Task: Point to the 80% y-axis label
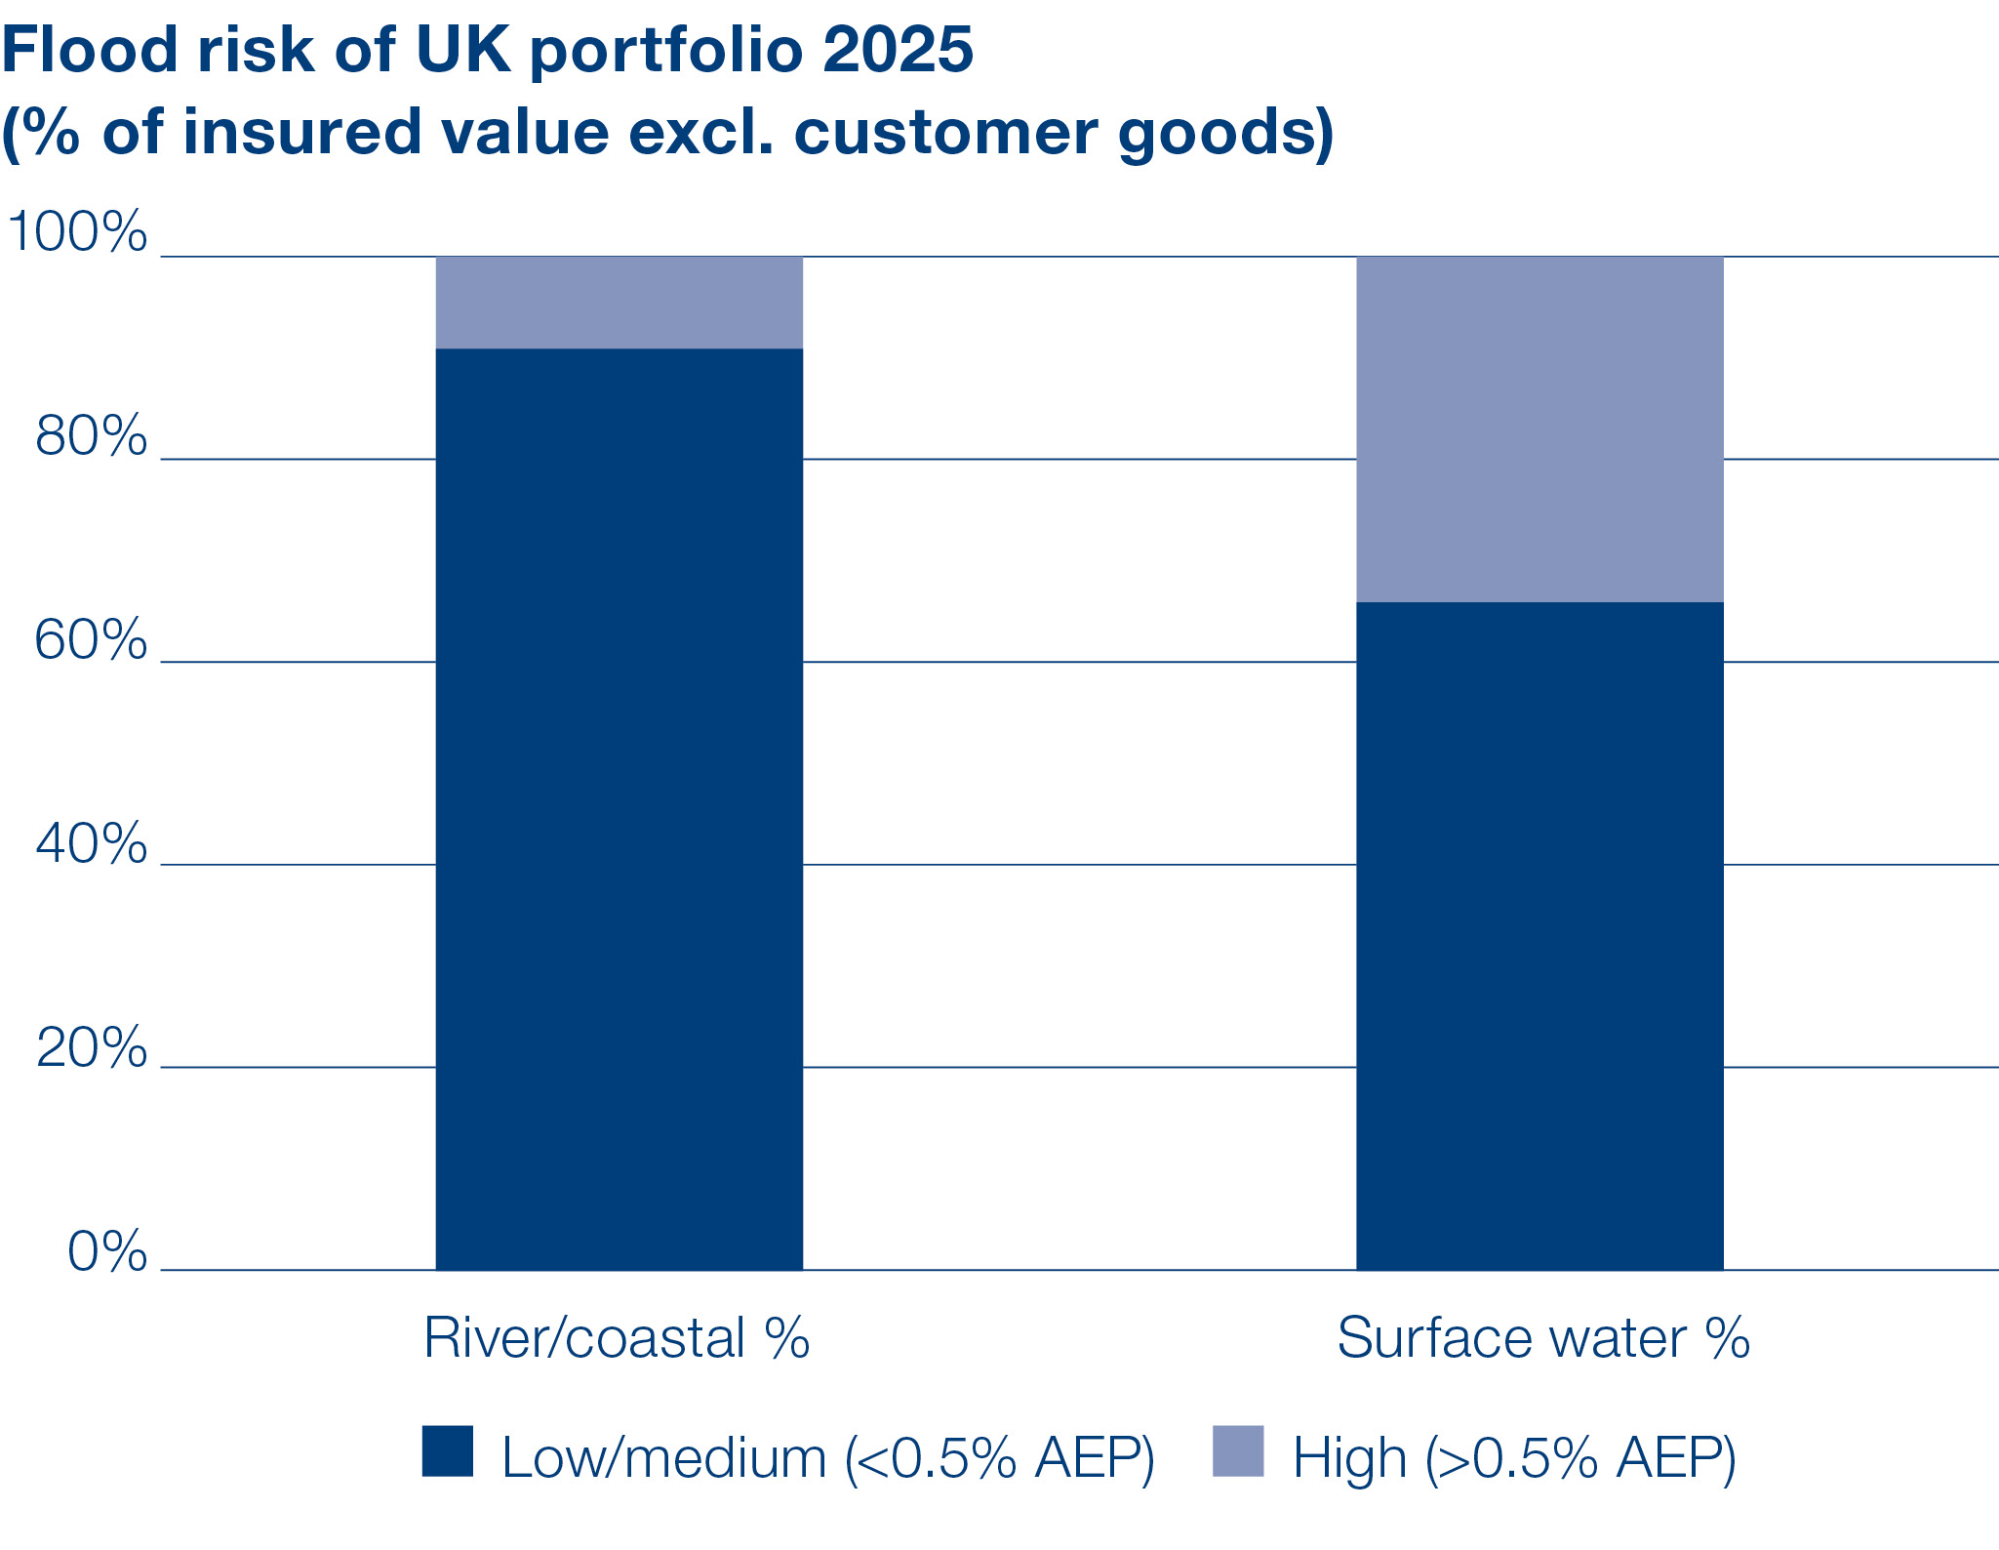(91, 435)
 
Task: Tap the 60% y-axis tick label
(91, 640)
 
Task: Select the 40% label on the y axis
(91, 843)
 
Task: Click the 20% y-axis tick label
(91, 1048)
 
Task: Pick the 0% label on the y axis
(107, 1251)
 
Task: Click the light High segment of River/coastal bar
(619, 303)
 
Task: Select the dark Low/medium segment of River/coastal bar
(619, 810)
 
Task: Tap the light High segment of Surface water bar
(1539, 429)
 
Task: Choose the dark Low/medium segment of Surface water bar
(1539, 937)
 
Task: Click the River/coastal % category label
(617, 1338)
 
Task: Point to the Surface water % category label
(1542, 1338)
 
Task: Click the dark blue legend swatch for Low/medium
(448, 1451)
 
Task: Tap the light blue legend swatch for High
(1237, 1451)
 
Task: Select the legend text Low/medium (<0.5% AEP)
(827, 1458)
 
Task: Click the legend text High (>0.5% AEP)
(1514, 1458)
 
